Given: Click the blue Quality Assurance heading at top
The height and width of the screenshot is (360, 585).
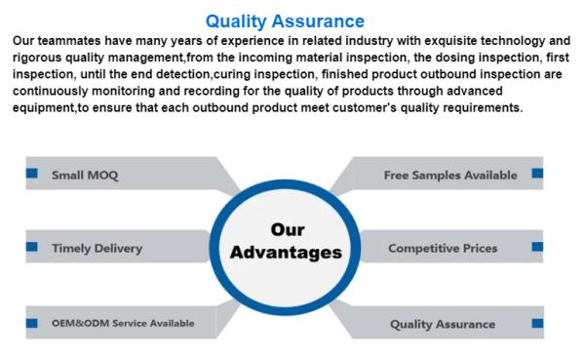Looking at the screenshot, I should click(285, 20).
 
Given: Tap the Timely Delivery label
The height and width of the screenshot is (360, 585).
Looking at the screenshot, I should click(97, 248).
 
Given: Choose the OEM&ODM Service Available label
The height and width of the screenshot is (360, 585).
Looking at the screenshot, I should click(122, 323).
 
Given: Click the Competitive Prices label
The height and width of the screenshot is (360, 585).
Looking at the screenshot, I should click(442, 248).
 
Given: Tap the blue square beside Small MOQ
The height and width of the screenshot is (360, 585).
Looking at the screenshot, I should click(32, 174).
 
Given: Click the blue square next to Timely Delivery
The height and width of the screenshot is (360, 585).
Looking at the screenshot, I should click(32, 247).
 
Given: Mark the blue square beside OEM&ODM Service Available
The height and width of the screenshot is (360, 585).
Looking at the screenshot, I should click(32, 321).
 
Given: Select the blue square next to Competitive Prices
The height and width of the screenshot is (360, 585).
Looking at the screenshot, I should click(537, 247).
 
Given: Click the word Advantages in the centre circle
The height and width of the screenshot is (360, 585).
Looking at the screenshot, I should click(286, 253).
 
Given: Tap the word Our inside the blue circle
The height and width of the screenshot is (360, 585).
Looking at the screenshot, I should click(286, 230).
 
